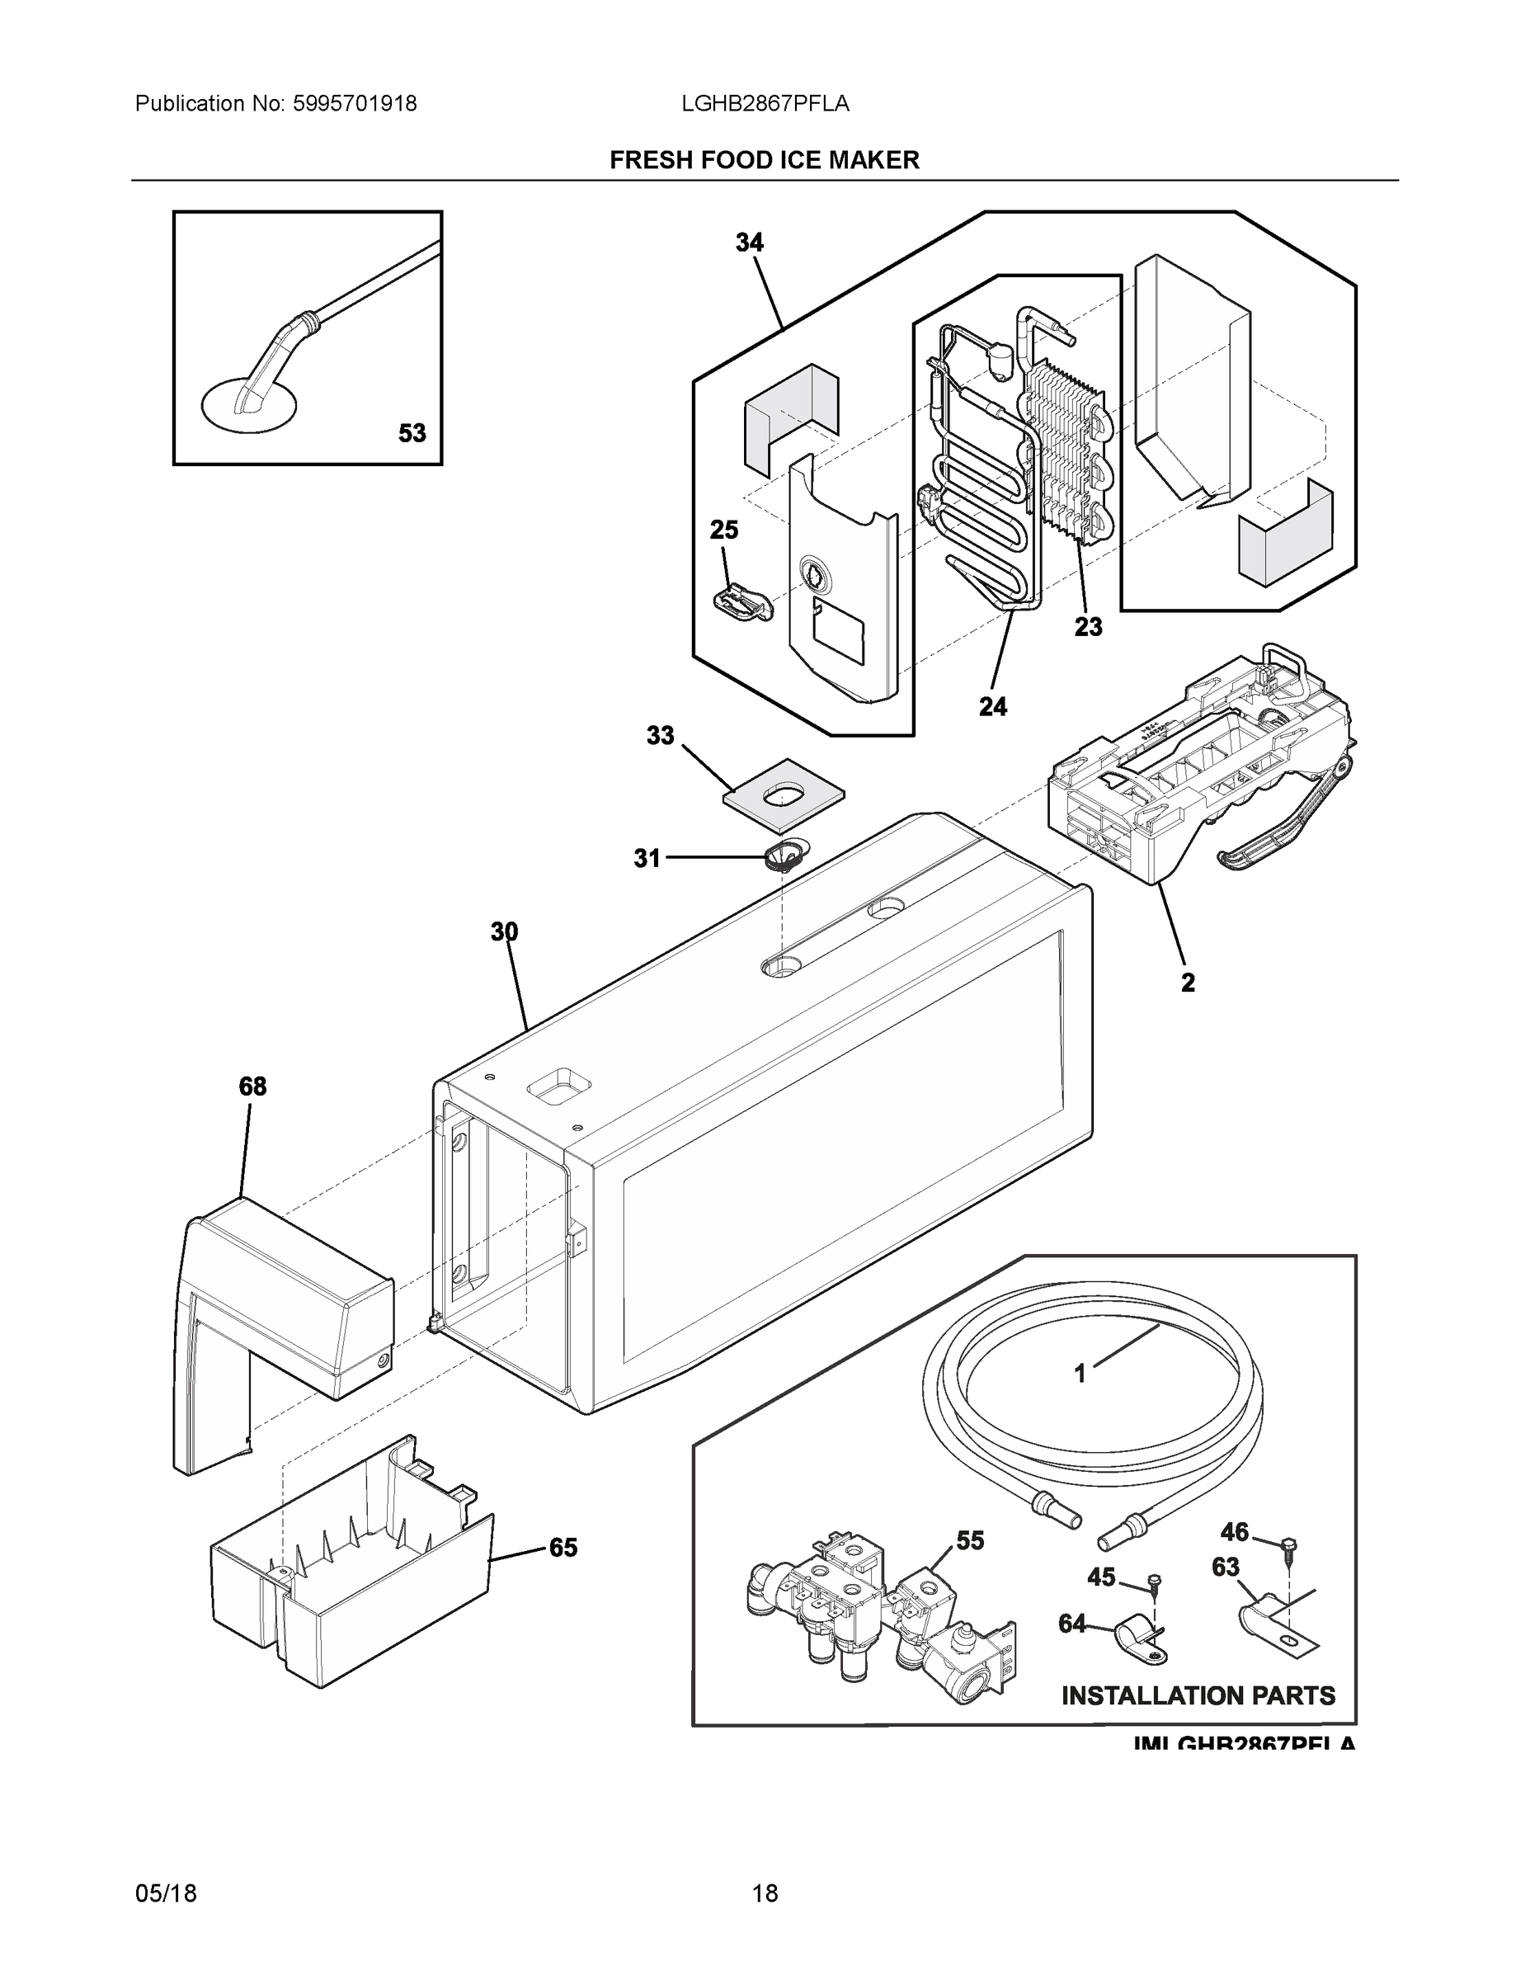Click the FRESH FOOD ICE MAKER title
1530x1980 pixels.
tap(764, 161)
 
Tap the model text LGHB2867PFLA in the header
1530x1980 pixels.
tap(765, 104)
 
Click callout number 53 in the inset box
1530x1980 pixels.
tap(412, 433)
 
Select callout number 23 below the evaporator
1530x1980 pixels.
tap(1089, 625)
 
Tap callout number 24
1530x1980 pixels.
tap(992, 706)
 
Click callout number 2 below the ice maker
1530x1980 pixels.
tap(1188, 982)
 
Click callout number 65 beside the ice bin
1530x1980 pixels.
tap(563, 1548)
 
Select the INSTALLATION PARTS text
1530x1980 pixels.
tap(1198, 1695)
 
